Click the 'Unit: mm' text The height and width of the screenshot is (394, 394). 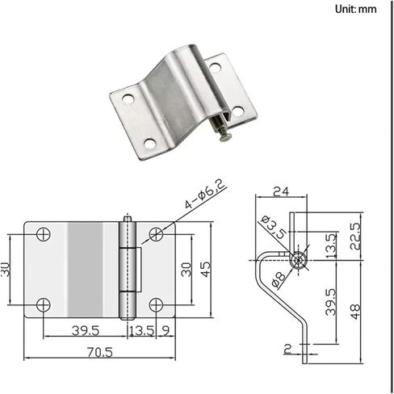click(355, 10)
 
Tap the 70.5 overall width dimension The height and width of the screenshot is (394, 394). click(99, 352)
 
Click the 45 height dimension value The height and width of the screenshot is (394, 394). click(206, 269)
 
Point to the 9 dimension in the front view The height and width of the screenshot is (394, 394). click(166, 331)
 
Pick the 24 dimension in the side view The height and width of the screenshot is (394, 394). click(281, 191)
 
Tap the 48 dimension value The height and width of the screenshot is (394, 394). click(356, 312)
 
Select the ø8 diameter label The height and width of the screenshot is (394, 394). click(278, 279)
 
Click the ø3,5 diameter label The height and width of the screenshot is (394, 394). click(273, 227)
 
